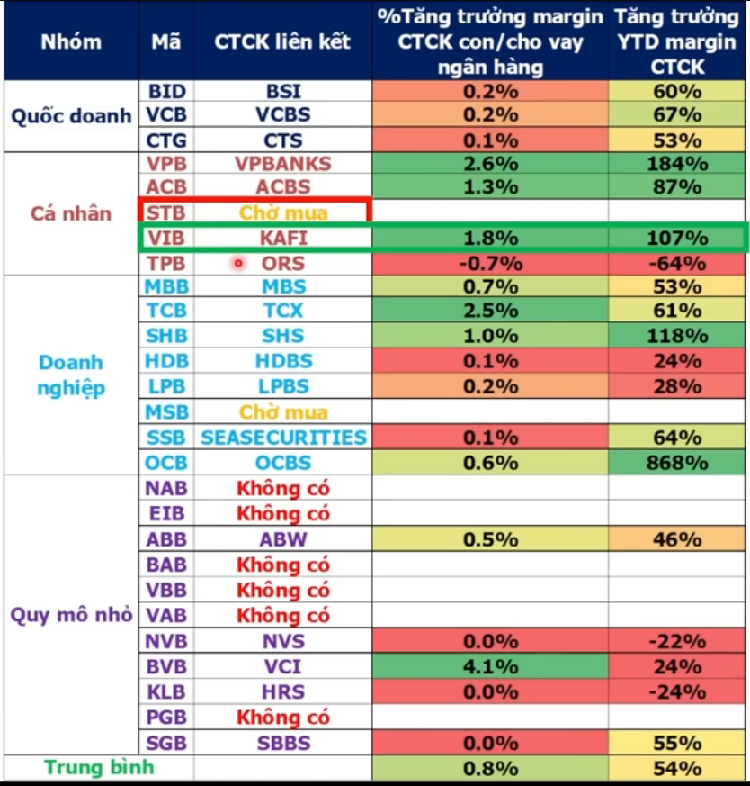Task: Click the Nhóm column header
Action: tap(70, 41)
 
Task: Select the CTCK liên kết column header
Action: tap(282, 41)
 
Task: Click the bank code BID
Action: tap(165, 91)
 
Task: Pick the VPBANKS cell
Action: tap(282, 164)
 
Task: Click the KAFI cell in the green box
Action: tap(282, 239)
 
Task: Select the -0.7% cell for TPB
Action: tap(490, 265)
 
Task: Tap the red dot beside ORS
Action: tap(238, 264)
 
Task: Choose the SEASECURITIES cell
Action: tap(282, 438)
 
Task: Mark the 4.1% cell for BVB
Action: tap(490, 667)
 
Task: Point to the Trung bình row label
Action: tap(99, 768)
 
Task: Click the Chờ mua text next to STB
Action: tap(282, 213)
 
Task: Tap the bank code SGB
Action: tap(165, 744)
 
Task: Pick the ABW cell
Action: tap(282, 540)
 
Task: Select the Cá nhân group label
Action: tap(70, 213)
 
